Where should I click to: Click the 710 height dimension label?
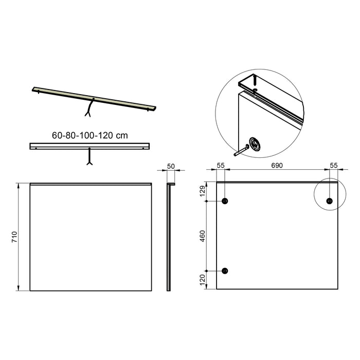point(14,237)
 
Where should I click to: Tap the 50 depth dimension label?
point(171,167)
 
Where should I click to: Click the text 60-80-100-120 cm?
point(89,136)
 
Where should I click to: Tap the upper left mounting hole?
point(224,201)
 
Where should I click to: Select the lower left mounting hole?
point(224,271)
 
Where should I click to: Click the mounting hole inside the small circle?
point(329,201)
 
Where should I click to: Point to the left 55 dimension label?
point(221,166)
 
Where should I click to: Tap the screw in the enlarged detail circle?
point(241,151)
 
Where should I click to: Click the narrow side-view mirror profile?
point(168,237)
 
